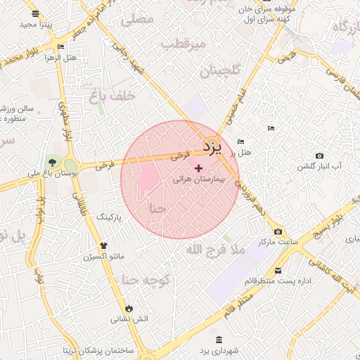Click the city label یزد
(x=212, y=147)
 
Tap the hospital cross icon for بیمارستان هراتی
(x=199, y=168)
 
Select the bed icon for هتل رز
(x=241, y=141)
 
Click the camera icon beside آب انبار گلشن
(x=320, y=155)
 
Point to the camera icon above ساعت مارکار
(x=278, y=231)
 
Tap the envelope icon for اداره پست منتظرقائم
(x=278, y=271)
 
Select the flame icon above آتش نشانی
(x=129, y=308)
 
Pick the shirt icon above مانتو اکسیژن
(x=104, y=245)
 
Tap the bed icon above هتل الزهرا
(x=60, y=47)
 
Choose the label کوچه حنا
(x=147, y=281)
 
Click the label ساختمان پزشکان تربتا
(x=98, y=349)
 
